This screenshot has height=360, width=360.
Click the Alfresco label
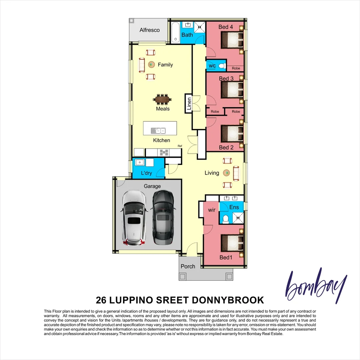[149, 30]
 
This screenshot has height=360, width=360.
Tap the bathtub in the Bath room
[176, 32]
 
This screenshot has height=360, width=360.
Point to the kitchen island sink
[156, 130]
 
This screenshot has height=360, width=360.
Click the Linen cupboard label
[189, 103]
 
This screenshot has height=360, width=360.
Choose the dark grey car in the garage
[163, 217]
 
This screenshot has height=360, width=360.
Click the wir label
[211, 210]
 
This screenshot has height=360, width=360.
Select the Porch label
[188, 266]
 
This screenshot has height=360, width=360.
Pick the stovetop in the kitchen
[164, 152]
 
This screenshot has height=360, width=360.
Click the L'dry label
[146, 173]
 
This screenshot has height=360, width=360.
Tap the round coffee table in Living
[227, 173]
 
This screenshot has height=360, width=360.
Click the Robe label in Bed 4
[236, 68]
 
